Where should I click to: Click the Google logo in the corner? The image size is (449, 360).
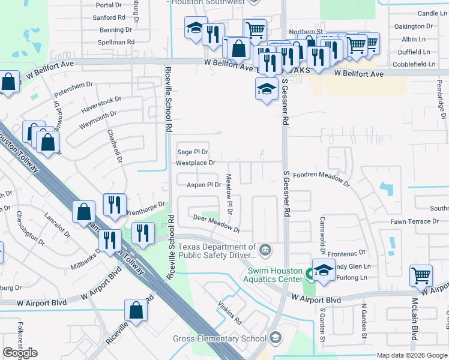pos(20,353)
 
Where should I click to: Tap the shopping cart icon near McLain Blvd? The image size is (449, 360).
pos(421,276)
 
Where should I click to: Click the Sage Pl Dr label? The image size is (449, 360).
pos(192,152)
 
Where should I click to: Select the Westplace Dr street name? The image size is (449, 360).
pos(195,163)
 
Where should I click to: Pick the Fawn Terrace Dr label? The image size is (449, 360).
pos(419,221)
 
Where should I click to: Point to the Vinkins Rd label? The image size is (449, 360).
pos(229,312)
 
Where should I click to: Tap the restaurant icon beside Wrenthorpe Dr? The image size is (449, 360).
pos(114,205)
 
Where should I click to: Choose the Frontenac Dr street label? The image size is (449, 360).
pos(346,253)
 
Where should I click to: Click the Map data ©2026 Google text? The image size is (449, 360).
pos(412,355)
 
